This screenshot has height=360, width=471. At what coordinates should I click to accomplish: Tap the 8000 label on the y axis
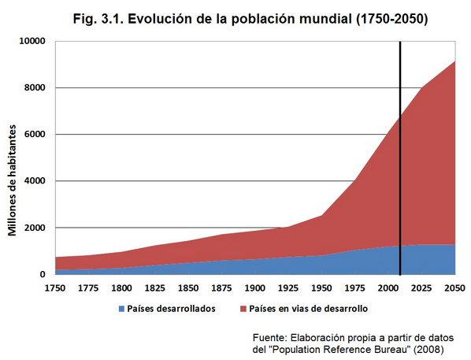click(x=34, y=87)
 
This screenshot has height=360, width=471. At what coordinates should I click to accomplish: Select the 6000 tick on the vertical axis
click(x=34, y=134)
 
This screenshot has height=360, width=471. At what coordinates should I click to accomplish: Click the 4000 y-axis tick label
click(x=34, y=181)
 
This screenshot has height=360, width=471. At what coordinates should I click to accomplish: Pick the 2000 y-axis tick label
click(x=34, y=228)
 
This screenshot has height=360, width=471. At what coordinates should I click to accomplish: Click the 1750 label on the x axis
click(x=56, y=288)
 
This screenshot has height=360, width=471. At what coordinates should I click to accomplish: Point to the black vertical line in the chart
click(x=400, y=158)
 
